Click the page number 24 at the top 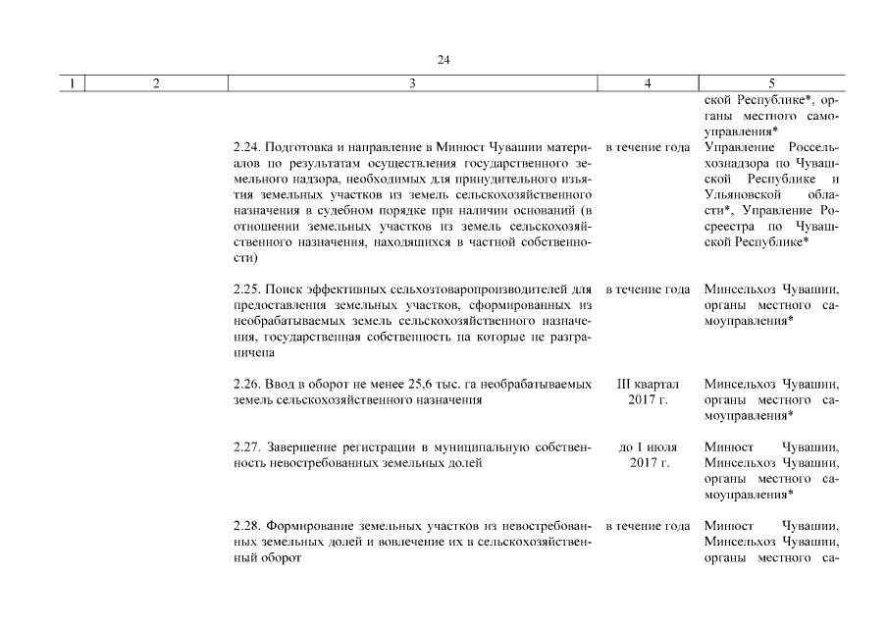click(444, 60)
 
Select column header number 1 click(73, 84)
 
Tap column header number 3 click(412, 84)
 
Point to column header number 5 click(772, 84)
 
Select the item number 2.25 click(247, 289)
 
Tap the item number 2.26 click(247, 384)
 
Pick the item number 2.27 click(247, 447)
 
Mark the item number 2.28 click(247, 527)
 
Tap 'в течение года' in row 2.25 click(648, 289)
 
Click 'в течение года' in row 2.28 click(648, 527)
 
